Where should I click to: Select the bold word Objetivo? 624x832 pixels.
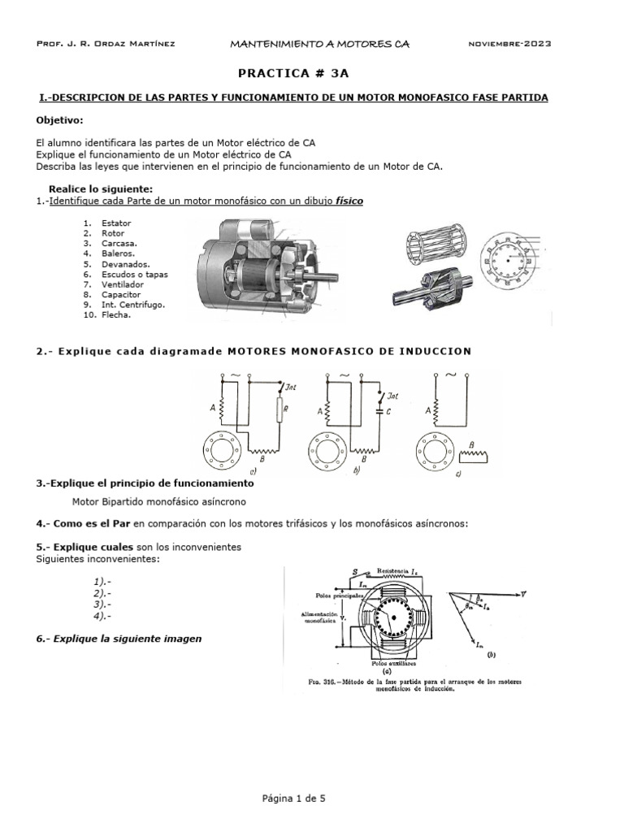pos(60,120)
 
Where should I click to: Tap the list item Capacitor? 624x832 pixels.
pos(121,295)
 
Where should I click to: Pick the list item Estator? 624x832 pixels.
pos(116,223)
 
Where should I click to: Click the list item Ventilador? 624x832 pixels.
pos(123,285)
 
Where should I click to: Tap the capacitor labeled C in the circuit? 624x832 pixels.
pos(378,412)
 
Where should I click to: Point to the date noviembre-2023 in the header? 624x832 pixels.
pos(510,44)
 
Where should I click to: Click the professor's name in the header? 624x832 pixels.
pos(106,44)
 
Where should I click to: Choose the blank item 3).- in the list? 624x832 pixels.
pos(102,604)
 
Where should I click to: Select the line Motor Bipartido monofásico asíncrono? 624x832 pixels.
pos(158,502)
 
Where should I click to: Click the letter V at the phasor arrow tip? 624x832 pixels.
pos(525,594)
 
